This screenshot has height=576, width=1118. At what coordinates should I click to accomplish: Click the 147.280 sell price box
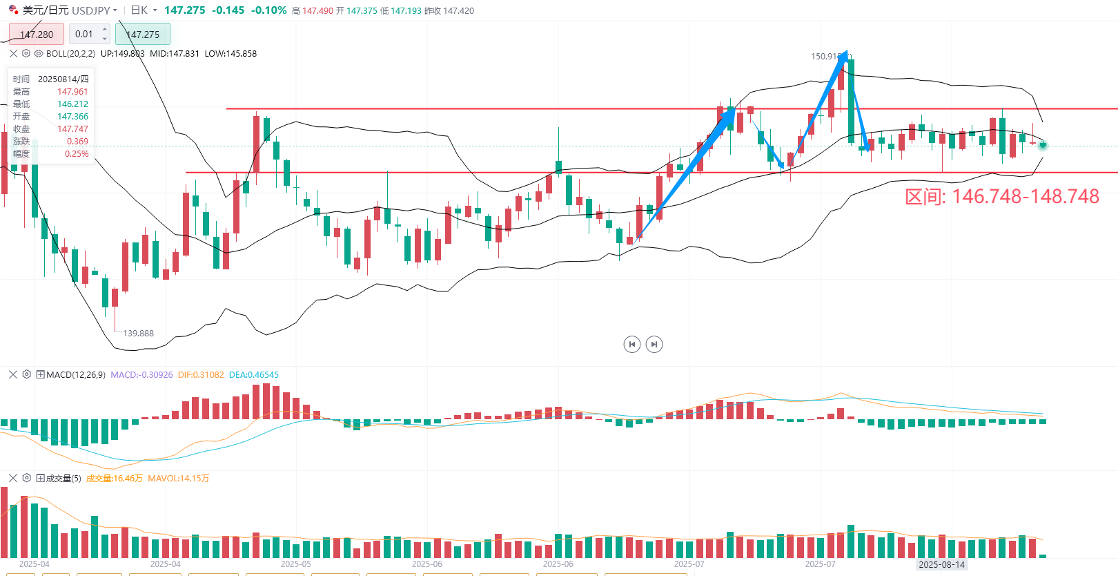click(x=37, y=34)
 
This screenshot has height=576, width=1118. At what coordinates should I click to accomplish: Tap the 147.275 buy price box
click(x=143, y=34)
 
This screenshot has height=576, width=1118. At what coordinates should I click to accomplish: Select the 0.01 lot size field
click(x=85, y=34)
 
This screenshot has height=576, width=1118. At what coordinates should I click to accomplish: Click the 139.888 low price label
click(x=138, y=334)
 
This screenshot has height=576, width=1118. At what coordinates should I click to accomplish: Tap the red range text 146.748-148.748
click(x=1001, y=197)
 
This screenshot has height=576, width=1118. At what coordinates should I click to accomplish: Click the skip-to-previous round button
click(x=631, y=344)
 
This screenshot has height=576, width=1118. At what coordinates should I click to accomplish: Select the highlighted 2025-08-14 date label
click(x=941, y=564)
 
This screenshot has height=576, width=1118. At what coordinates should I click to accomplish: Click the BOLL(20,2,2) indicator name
click(x=70, y=54)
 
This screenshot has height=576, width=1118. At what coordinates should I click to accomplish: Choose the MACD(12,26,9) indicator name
click(x=76, y=375)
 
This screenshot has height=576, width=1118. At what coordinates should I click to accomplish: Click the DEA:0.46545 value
click(x=254, y=375)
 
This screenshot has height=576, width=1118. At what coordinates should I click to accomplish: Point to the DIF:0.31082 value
click(x=201, y=375)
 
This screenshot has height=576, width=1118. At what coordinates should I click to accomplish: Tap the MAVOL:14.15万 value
click(x=178, y=479)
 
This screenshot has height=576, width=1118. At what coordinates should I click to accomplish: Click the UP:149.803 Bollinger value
click(x=122, y=54)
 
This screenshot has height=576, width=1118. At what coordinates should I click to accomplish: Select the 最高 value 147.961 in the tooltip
click(x=72, y=92)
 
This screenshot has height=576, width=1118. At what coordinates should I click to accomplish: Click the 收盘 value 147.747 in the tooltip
click(x=72, y=129)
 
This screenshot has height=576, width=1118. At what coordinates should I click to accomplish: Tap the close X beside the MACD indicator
click(x=13, y=374)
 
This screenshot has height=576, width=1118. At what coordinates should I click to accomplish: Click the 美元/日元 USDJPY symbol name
click(x=66, y=10)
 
